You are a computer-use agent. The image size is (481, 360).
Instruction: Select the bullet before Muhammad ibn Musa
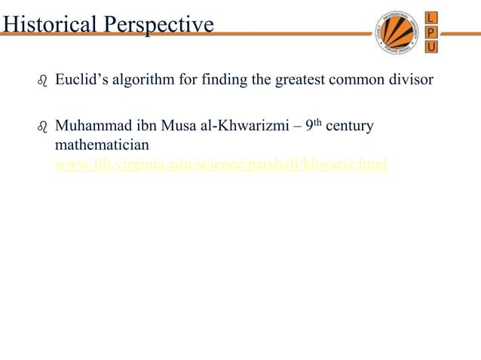(42, 127)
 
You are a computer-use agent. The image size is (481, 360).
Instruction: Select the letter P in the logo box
(430, 32)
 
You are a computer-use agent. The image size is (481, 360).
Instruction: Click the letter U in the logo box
(430, 47)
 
